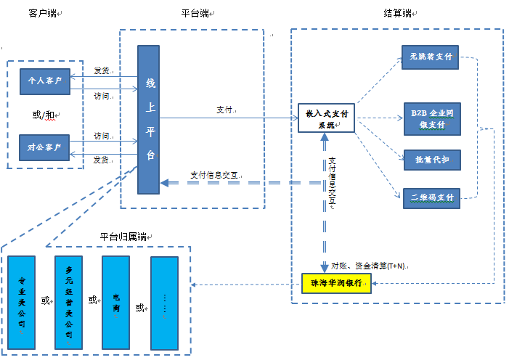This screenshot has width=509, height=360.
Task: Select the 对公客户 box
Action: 45,147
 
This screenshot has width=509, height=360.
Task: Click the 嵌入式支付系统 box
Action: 326,118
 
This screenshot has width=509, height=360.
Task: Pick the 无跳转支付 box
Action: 431,57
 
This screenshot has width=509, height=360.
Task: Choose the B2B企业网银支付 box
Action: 432,119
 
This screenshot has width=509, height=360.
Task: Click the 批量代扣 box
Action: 431,159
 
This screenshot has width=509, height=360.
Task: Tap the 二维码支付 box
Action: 431,197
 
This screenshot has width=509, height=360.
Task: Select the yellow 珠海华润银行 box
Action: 336,282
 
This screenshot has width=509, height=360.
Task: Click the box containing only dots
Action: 164,303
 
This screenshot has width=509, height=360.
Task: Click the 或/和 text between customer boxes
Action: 44,115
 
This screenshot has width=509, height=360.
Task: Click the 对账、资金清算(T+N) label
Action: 369,266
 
